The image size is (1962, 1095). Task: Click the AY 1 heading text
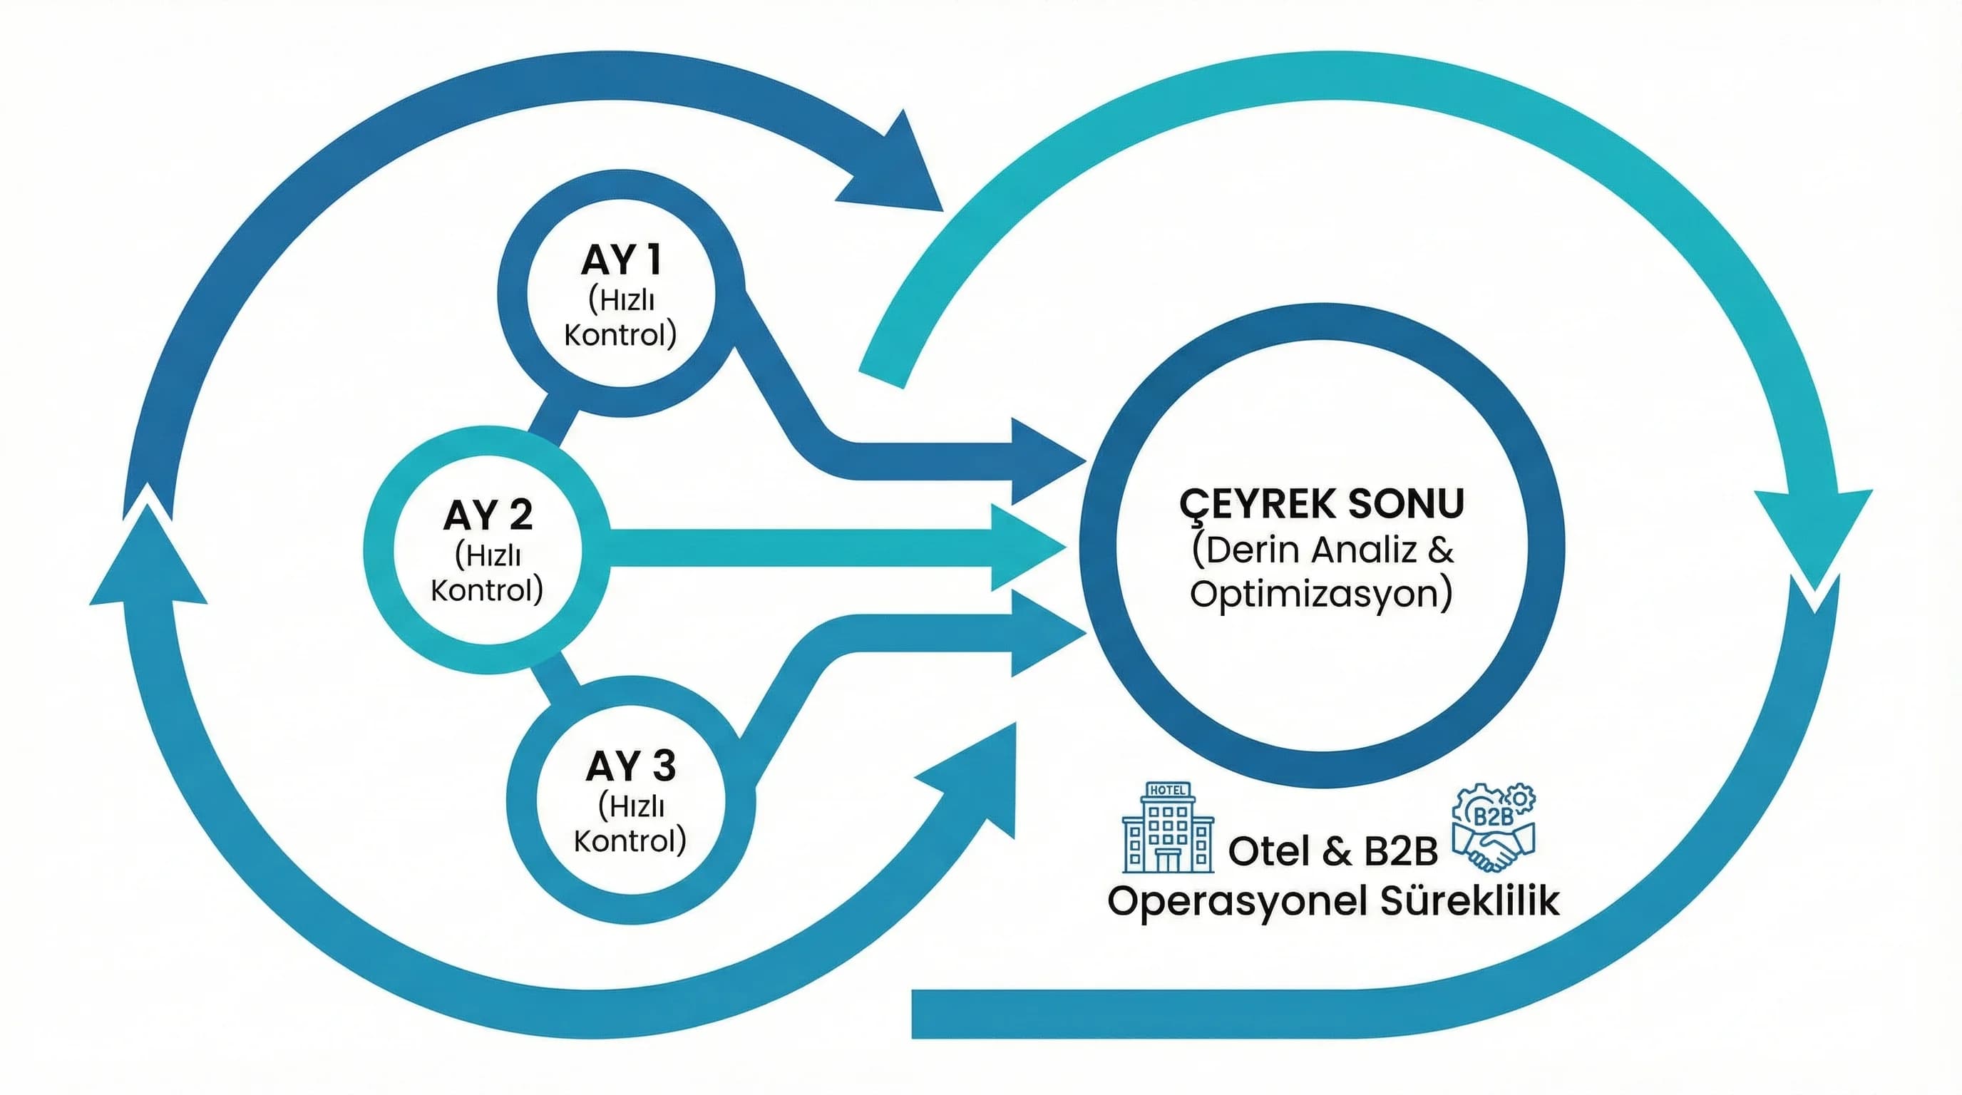pyautogui.click(x=621, y=261)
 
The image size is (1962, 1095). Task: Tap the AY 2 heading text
pyautogui.click(x=488, y=515)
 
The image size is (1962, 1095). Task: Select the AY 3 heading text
pyautogui.click(x=631, y=766)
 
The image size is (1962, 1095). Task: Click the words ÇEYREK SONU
pyautogui.click(x=1322, y=504)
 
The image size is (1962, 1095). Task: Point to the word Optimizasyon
pyautogui.click(x=1320, y=594)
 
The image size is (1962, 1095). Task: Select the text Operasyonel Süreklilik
pyautogui.click(x=1333, y=901)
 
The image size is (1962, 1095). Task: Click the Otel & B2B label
pyautogui.click(x=1333, y=851)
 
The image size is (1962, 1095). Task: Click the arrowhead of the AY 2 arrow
pyautogui.click(x=1024, y=547)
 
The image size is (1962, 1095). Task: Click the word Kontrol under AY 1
pyautogui.click(x=620, y=335)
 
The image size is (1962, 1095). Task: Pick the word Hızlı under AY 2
pyautogui.click(x=488, y=556)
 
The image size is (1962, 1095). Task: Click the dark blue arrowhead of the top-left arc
pyautogui.click(x=899, y=171)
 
